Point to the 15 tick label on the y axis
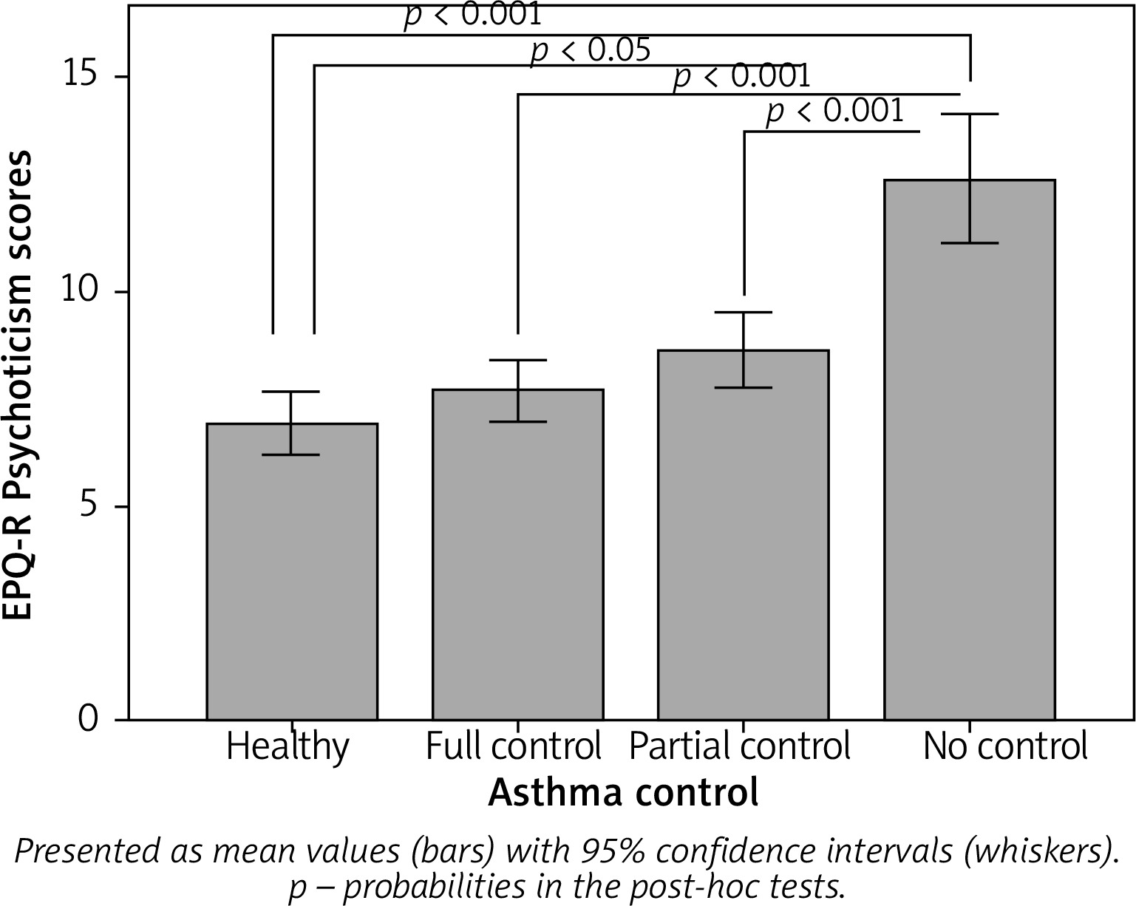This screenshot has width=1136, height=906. (x=87, y=77)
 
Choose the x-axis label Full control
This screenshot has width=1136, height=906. (x=514, y=746)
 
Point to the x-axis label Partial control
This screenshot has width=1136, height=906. (x=740, y=746)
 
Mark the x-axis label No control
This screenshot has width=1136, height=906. (x=1005, y=746)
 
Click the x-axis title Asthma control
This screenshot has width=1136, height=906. (x=623, y=793)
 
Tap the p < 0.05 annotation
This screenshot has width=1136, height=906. (x=591, y=50)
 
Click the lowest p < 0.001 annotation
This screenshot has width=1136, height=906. (x=834, y=111)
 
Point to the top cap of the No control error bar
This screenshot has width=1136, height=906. (x=970, y=114)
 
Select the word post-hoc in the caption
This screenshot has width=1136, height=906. (x=681, y=886)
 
